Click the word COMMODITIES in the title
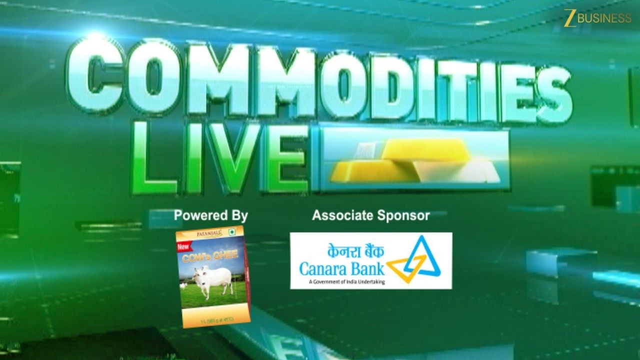point(320,82)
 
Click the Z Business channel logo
point(598,18)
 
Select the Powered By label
point(210,216)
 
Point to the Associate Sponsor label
point(370,215)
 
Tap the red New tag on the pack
point(183,247)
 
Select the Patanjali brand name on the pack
point(205,233)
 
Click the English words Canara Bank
point(342,269)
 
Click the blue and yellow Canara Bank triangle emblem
point(414,260)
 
